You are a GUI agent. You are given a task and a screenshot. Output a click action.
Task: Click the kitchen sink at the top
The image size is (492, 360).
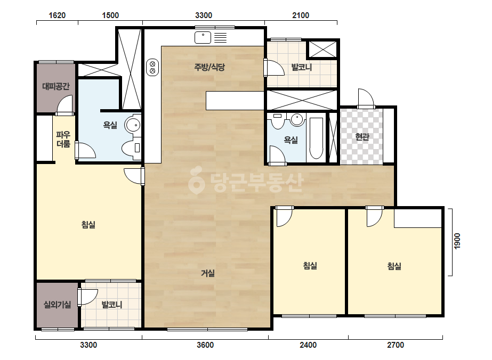click(x=203, y=38)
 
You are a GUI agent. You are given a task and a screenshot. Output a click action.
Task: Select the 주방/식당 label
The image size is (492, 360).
click(x=209, y=67)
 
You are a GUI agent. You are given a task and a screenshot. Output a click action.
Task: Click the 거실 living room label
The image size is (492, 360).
click(x=208, y=273)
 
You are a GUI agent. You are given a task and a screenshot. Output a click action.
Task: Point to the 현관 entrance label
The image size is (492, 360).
click(x=362, y=137)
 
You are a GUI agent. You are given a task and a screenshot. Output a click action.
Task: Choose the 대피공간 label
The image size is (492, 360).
click(x=56, y=86)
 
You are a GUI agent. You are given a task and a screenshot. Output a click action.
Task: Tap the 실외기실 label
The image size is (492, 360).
click(x=57, y=304)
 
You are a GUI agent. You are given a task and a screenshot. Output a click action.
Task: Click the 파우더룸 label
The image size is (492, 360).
click(x=63, y=139)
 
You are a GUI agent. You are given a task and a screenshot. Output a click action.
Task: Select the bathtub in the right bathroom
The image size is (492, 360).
click(x=316, y=138)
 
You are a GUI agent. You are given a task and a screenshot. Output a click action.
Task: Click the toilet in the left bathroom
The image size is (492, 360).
click(x=131, y=148)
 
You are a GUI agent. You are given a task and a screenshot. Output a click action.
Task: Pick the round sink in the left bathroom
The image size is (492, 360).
click(x=133, y=125)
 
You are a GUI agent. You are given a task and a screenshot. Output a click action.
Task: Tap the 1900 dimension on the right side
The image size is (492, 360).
click(x=457, y=241)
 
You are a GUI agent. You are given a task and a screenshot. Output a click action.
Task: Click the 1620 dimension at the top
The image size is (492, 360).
click(x=57, y=15)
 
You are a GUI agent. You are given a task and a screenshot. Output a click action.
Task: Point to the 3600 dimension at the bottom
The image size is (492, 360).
click(x=205, y=345)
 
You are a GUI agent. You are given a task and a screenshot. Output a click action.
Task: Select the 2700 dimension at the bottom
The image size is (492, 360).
click(x=396, y=345)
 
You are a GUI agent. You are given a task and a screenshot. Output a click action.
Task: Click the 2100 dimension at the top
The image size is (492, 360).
click(x=301, y=15)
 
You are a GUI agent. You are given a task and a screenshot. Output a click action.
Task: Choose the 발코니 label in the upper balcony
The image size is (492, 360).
click(x=302, y=67)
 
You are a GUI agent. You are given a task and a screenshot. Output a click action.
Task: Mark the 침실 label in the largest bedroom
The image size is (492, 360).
click(x=88, y=225)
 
